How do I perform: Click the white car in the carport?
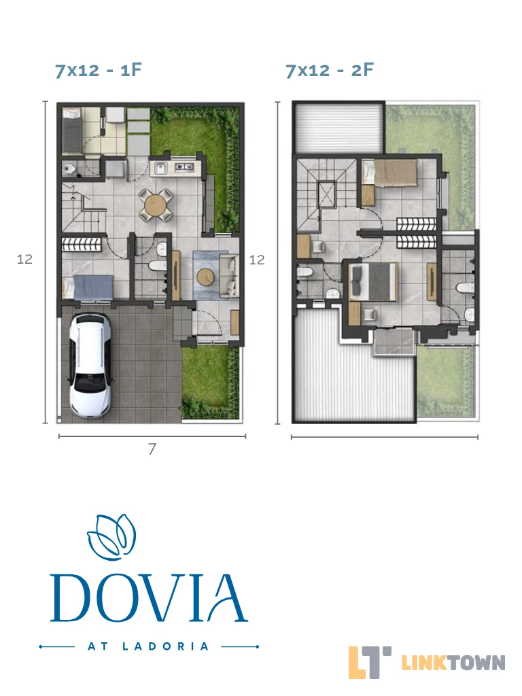[x=89, y=365]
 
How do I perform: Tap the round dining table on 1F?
[x=155, y=205]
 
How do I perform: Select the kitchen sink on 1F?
[x=160, y=169]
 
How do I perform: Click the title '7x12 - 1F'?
[x=99, y=70]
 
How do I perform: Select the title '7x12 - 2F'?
[x=330, y=70]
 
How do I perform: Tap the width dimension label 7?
[x=152, y=449]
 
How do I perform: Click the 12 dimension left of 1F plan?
[x=25, y=259]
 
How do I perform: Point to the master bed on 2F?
[x=372, y=281]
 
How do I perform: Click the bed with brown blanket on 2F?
[x=390, y=173]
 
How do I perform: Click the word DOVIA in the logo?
[x=149, y=599]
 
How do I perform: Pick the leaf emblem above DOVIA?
[x=111, y=537]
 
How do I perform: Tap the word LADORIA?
[x=165, y=646]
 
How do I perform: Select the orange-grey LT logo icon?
[x=369, y=662]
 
